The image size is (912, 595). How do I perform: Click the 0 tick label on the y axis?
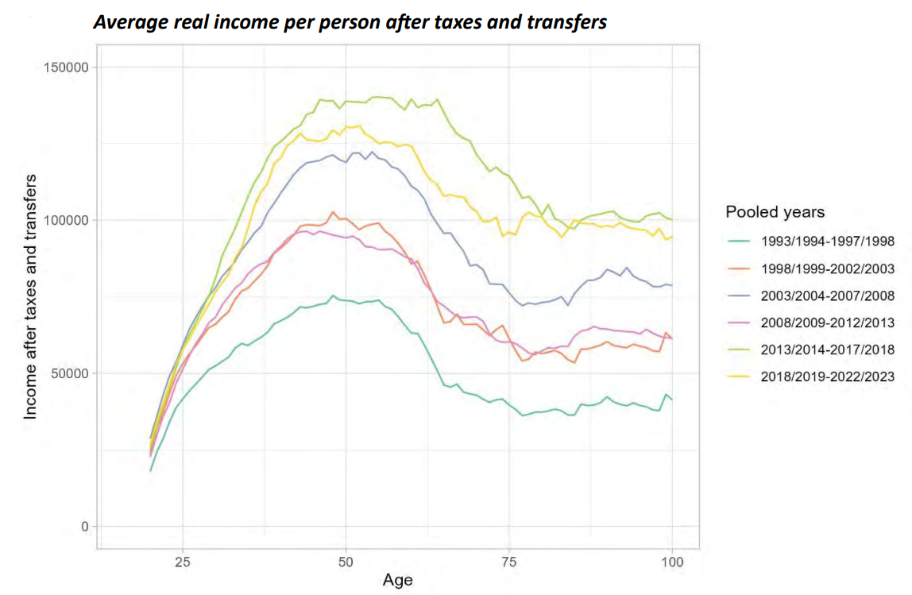(x=82, y=527)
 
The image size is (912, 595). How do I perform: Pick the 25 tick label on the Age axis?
(x=182, y=562)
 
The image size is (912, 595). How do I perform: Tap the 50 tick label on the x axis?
(x=346, y=562)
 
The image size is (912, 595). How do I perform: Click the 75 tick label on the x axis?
(x=509, y=562)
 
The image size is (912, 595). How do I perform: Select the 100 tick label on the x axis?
(x=672, y=562)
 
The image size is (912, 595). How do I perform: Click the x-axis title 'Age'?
(x=397, y=580)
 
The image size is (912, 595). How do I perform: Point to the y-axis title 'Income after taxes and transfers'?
(x=30, y=297)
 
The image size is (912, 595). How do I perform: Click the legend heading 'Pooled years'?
(x=775, y=212)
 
